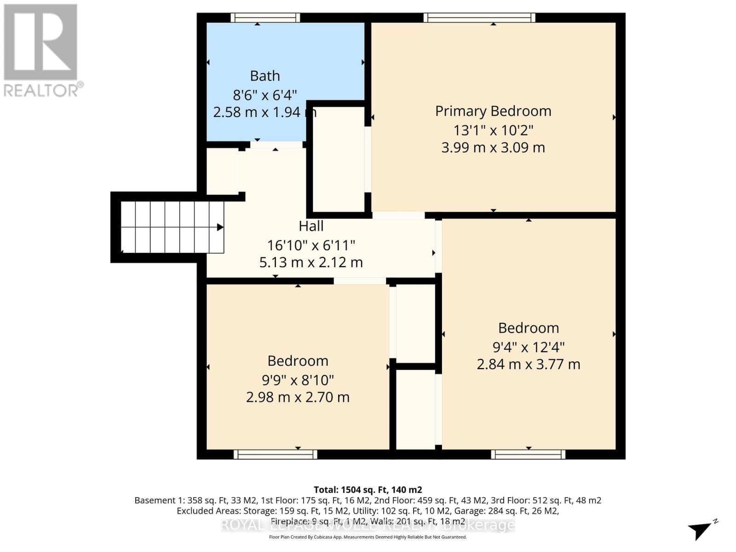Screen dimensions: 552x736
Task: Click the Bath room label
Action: (264, 76)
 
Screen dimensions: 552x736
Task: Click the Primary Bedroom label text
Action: (493, 111)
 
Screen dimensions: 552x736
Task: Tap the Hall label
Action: (311, 226)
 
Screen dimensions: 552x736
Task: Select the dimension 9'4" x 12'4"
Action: (528, 347)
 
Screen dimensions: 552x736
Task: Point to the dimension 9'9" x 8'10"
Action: (298, 380)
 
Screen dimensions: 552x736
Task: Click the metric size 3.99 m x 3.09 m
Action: (493, 148)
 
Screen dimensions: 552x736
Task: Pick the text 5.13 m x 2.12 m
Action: (311, 262)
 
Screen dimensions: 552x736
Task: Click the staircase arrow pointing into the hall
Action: (220, 227)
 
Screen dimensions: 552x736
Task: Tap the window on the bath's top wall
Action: (265, 18)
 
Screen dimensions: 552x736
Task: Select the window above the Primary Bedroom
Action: (479, 18)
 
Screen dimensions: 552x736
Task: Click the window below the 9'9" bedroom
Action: (275, 454)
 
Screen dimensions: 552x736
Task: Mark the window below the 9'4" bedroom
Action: (528, 454)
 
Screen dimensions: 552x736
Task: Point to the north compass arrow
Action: (701, 529)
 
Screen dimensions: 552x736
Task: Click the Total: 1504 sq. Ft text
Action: (368, 490)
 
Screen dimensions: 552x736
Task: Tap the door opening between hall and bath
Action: (276, 144)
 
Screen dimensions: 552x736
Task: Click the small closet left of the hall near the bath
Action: (222, 171)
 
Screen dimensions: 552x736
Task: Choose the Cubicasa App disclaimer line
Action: (368, 537)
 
